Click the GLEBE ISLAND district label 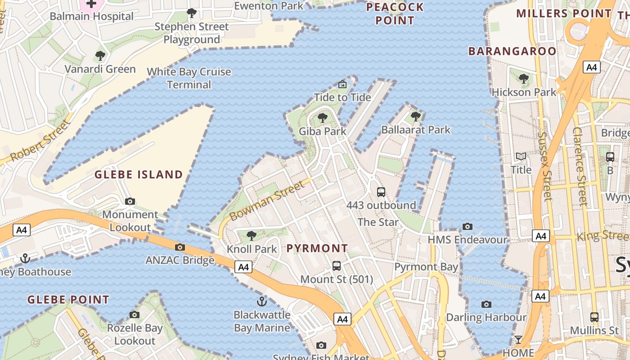(139, 175)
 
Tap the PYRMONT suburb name (317, 248)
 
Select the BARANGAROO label (513, 51)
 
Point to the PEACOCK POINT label (395, 14)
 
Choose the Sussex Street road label (545, 166)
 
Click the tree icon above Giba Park (322, 118)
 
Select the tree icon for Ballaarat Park (416, 117)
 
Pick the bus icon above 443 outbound (381, 192)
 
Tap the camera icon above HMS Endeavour (468, 226)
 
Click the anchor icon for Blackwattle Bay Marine (261, 301)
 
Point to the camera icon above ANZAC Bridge (180, 247)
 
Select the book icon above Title (521, 157)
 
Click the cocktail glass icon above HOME (518, 340)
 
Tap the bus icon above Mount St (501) (337, 266)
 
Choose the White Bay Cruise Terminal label (189, 78)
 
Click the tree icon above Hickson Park (524, 79)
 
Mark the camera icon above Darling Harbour (486, 305)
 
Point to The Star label (378, 222)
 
